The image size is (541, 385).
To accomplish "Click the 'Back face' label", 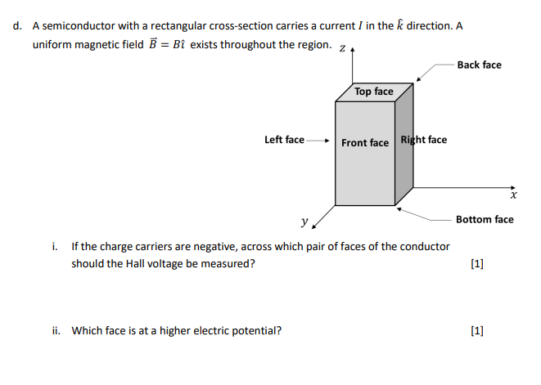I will tap(480, 65).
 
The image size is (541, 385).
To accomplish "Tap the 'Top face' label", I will tap(374, 92).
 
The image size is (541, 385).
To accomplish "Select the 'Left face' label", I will tap(284, 140).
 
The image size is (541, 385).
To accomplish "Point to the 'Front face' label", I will tap(365, 143).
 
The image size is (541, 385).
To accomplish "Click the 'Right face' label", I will tap(423, 140).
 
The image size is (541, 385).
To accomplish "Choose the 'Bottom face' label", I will tap(485, 219).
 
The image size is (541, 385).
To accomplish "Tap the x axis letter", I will tap(513, 196).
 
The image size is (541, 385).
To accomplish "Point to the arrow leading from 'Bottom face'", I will tap(426, 214).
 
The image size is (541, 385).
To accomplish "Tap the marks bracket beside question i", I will tap(478, 263).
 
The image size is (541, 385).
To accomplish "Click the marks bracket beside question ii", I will tap(478, 330).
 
